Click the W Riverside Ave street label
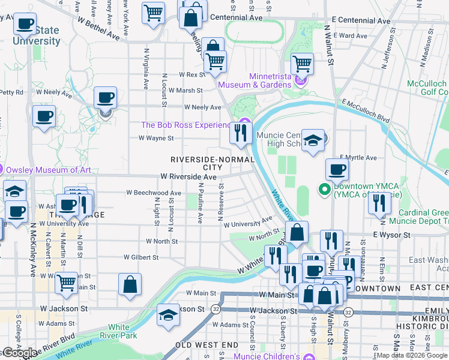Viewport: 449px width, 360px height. pos(188,177)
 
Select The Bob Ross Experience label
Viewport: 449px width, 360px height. pos(185,125)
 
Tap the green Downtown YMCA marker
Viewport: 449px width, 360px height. pos(325,190)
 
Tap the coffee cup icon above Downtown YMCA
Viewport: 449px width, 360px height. pos(337,169)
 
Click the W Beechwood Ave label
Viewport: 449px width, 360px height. pos(153,193)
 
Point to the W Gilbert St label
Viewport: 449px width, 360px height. pos(140,257)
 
